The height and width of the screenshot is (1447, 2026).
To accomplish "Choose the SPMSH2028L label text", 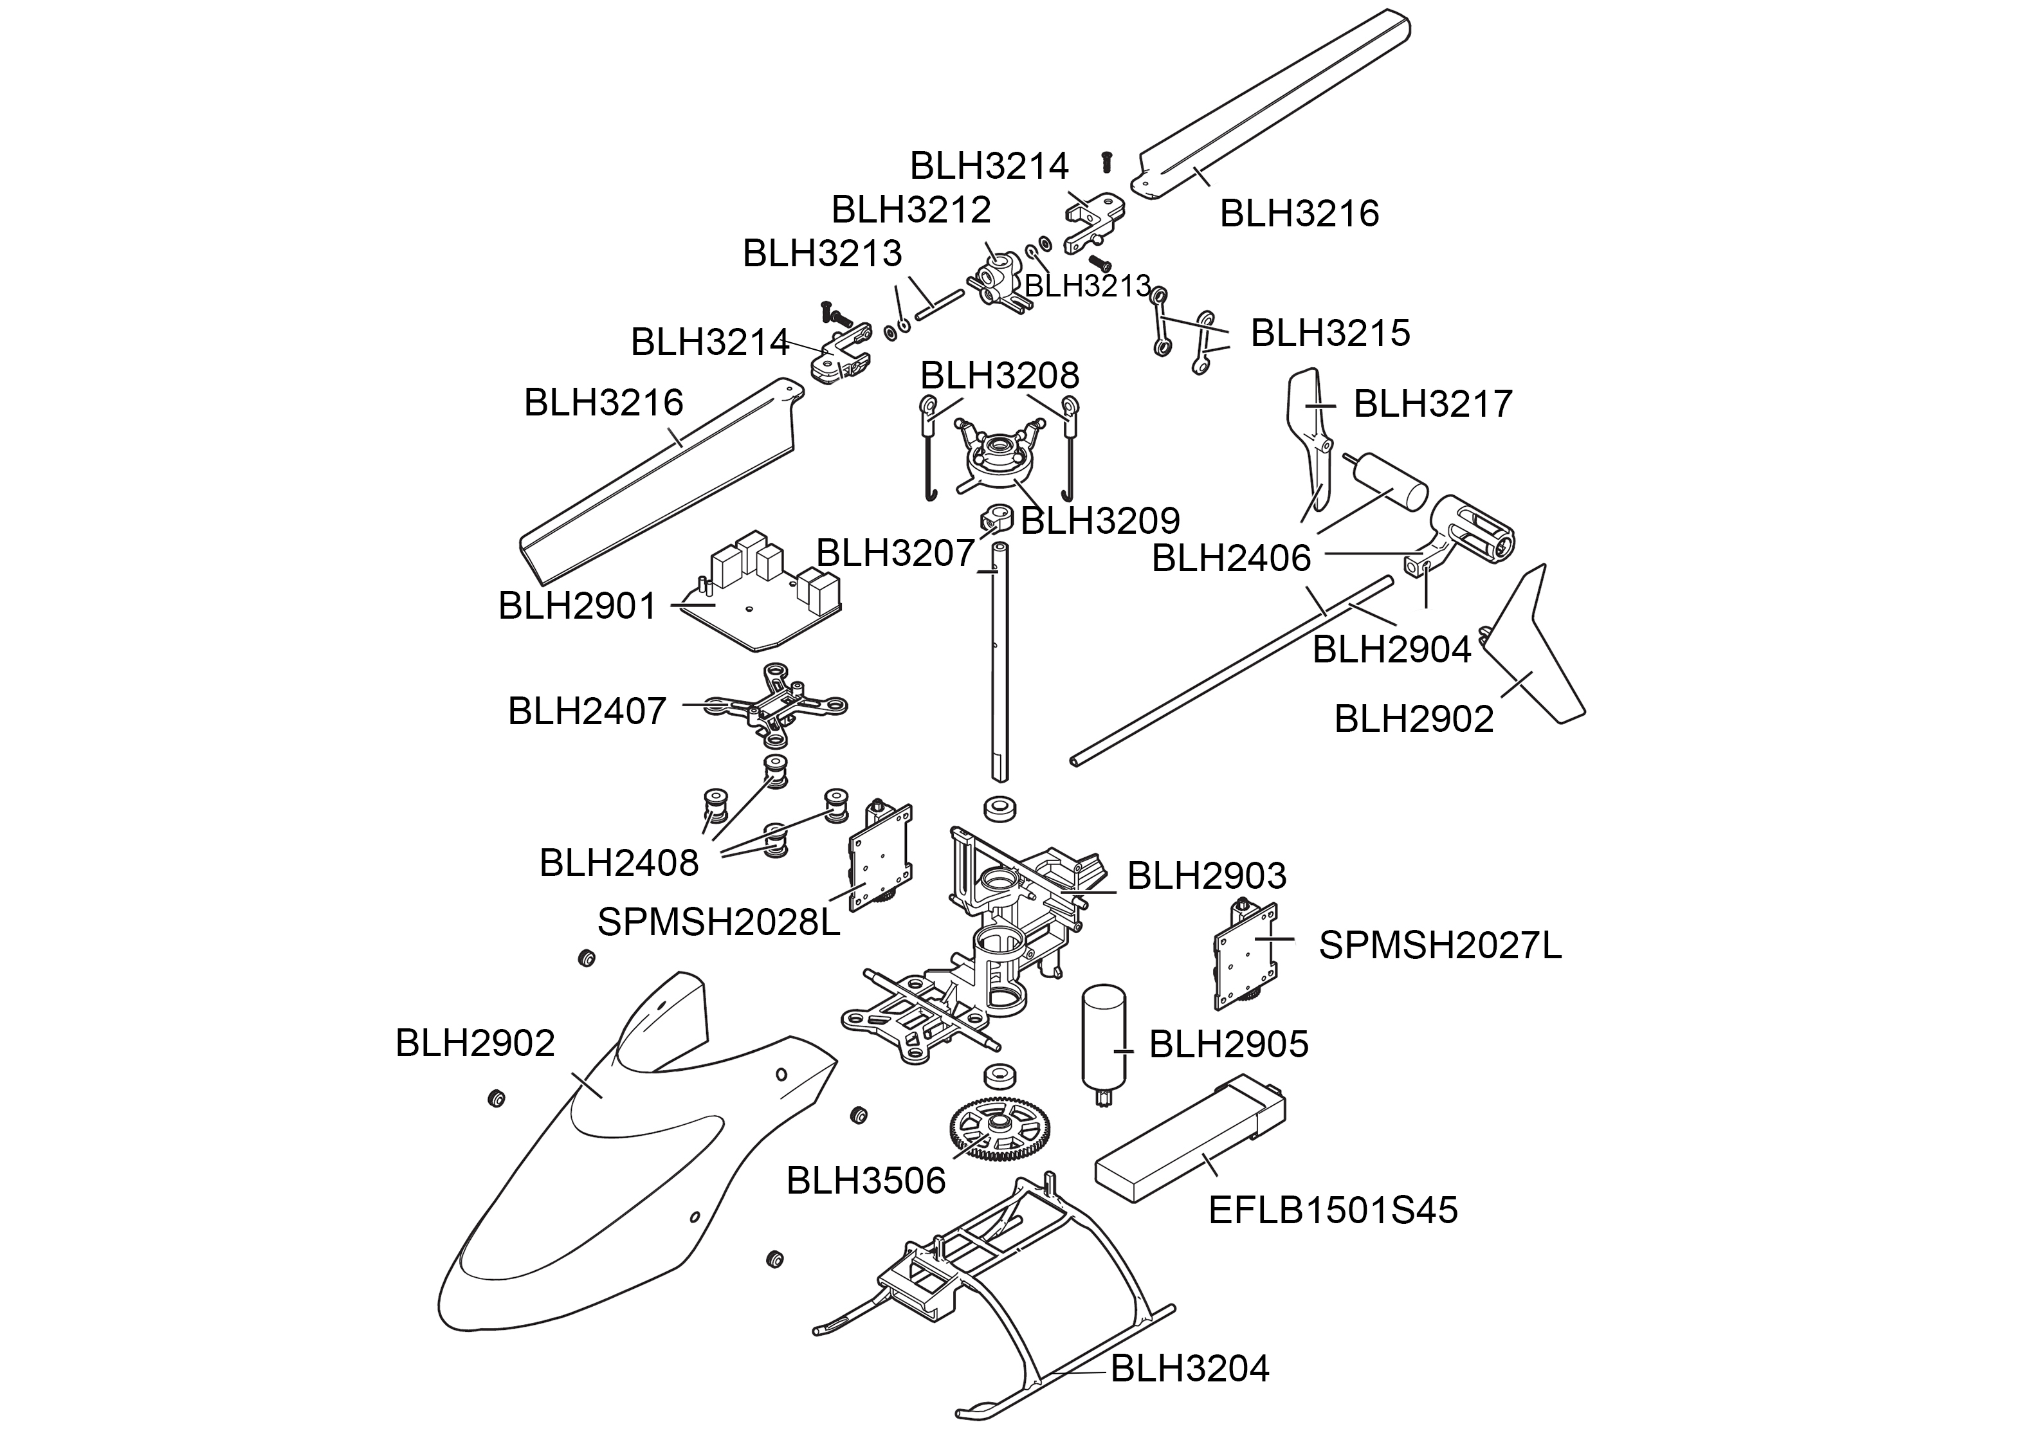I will pos(718,922).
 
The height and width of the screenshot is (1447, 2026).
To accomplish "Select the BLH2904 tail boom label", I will pos(1391,650).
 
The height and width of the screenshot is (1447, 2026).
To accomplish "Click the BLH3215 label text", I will pos(1330,333).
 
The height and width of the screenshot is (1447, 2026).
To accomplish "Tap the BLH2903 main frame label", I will pos(1207,876).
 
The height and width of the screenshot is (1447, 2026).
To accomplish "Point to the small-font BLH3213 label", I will pos(1087,286).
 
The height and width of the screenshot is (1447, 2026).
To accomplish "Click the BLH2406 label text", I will pos(1230,559).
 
